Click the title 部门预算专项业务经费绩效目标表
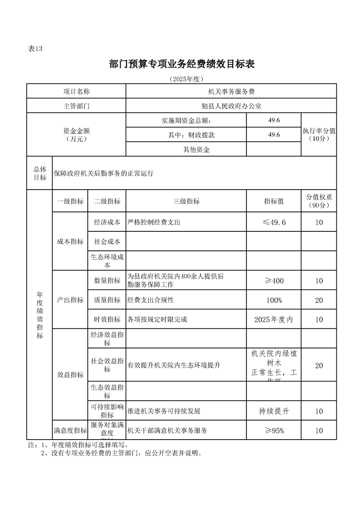182,64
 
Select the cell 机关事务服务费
231,92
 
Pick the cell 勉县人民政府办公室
231,106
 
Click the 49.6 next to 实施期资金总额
274,120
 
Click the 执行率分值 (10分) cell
319,134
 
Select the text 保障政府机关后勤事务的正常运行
104,173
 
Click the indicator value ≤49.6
274,222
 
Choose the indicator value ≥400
274,281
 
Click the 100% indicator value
274,300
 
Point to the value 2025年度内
274,320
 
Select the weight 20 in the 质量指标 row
319,300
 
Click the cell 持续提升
274,411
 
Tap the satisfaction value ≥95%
274,431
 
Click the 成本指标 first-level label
70,242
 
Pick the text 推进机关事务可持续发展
164,411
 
